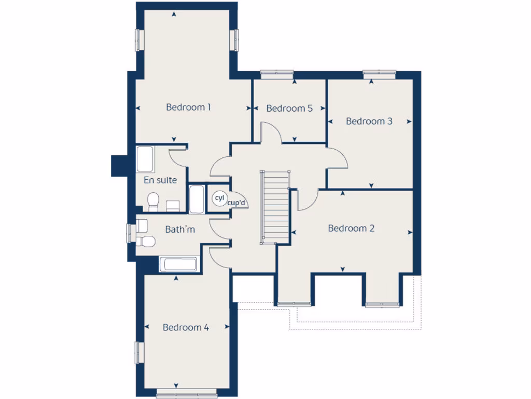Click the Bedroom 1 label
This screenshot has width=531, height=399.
[188, 107]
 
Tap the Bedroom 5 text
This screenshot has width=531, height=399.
[289, 108]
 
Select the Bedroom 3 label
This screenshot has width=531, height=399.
[369, 121]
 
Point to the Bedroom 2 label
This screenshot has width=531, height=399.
[351, 228]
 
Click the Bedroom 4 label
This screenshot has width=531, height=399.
[186, 327]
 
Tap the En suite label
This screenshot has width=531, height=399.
[160, 180]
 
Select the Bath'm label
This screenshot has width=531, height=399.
[180, 229]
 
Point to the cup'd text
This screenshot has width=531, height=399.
[236, 203]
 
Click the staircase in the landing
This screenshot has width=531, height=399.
[275, 206]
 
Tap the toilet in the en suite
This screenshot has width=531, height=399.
[153, 202]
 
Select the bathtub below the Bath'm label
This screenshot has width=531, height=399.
[178, 264]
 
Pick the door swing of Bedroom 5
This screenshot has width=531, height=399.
[271, 132]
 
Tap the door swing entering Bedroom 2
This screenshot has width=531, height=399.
[308, 201]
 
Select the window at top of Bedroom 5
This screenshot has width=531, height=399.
[276, 74]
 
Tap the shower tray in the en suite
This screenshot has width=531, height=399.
[145, 160]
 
